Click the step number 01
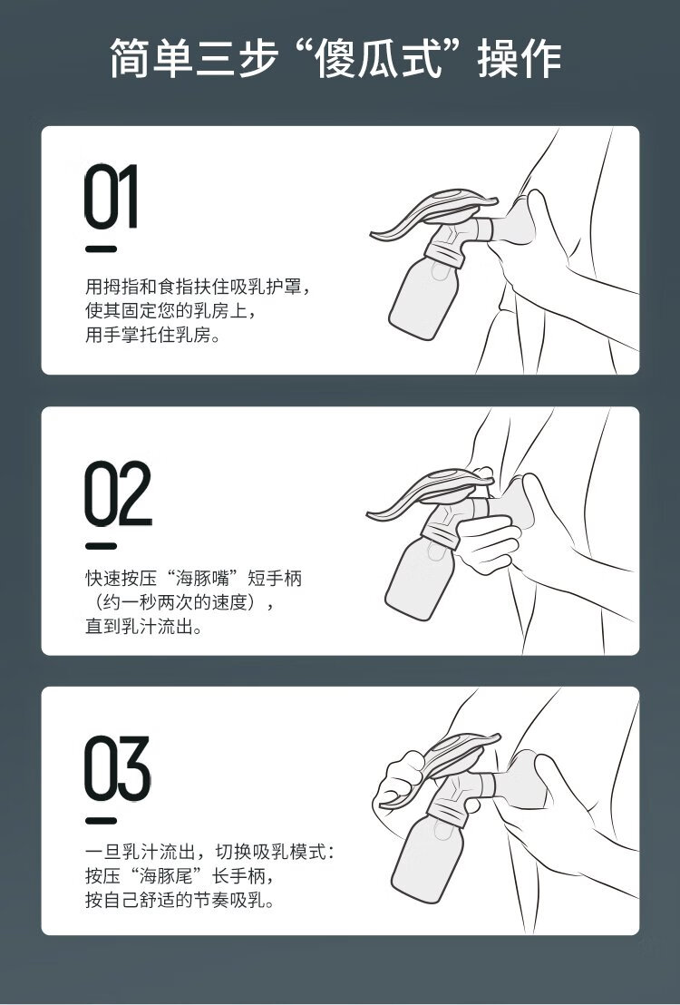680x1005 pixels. click(x=111, y=197)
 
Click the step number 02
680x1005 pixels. click(x=118, y=493)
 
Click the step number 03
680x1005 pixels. click(x=117, y=768)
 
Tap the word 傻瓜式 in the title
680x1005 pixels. click(x=379, y=59)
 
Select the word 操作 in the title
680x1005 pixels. click(x=520, y=59)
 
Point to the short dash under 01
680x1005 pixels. click(x=102, y=249)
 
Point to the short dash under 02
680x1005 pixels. click(x=102, y=546)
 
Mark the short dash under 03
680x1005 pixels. click(x=102, y=820)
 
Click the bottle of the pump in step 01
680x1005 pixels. click(x=424, y=294)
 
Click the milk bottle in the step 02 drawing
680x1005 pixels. click(x=420, y=576)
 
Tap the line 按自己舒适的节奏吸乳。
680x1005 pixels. click(x=180, y=900)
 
